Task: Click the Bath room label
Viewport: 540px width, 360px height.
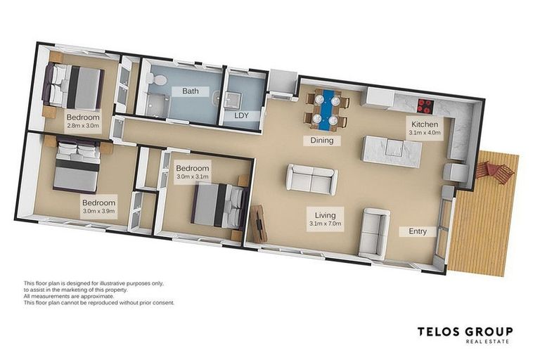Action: (191, 91)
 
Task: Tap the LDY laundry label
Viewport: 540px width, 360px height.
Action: (241, 115)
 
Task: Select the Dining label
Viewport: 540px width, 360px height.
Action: (322, 140)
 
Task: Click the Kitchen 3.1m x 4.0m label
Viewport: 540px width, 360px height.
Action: (425, 128)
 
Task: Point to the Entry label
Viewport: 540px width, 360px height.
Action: (418, 231)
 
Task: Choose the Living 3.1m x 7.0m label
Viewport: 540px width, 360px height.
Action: (326, 219)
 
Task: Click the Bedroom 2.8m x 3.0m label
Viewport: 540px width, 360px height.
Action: (83, 121)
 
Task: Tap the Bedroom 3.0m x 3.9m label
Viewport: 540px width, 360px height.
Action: (99, 207)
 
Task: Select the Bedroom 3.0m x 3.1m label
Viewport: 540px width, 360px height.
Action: (193, 172)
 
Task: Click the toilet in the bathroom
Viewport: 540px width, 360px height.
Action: (157, 80)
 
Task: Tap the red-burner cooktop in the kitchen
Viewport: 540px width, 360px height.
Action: (426, 105)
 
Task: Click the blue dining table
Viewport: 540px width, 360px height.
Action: (326, 110)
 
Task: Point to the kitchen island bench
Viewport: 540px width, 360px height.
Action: (392, 151)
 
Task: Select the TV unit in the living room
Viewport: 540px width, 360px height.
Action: (259, 224)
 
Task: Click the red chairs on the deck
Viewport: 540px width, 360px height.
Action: (495, 172)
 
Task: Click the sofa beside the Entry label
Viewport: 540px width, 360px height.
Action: (373, 233)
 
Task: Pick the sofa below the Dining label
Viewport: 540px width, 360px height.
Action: (311, 179)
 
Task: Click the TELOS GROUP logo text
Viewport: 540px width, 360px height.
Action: (465, 332)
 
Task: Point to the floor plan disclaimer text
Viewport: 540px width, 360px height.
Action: (99, 293)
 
